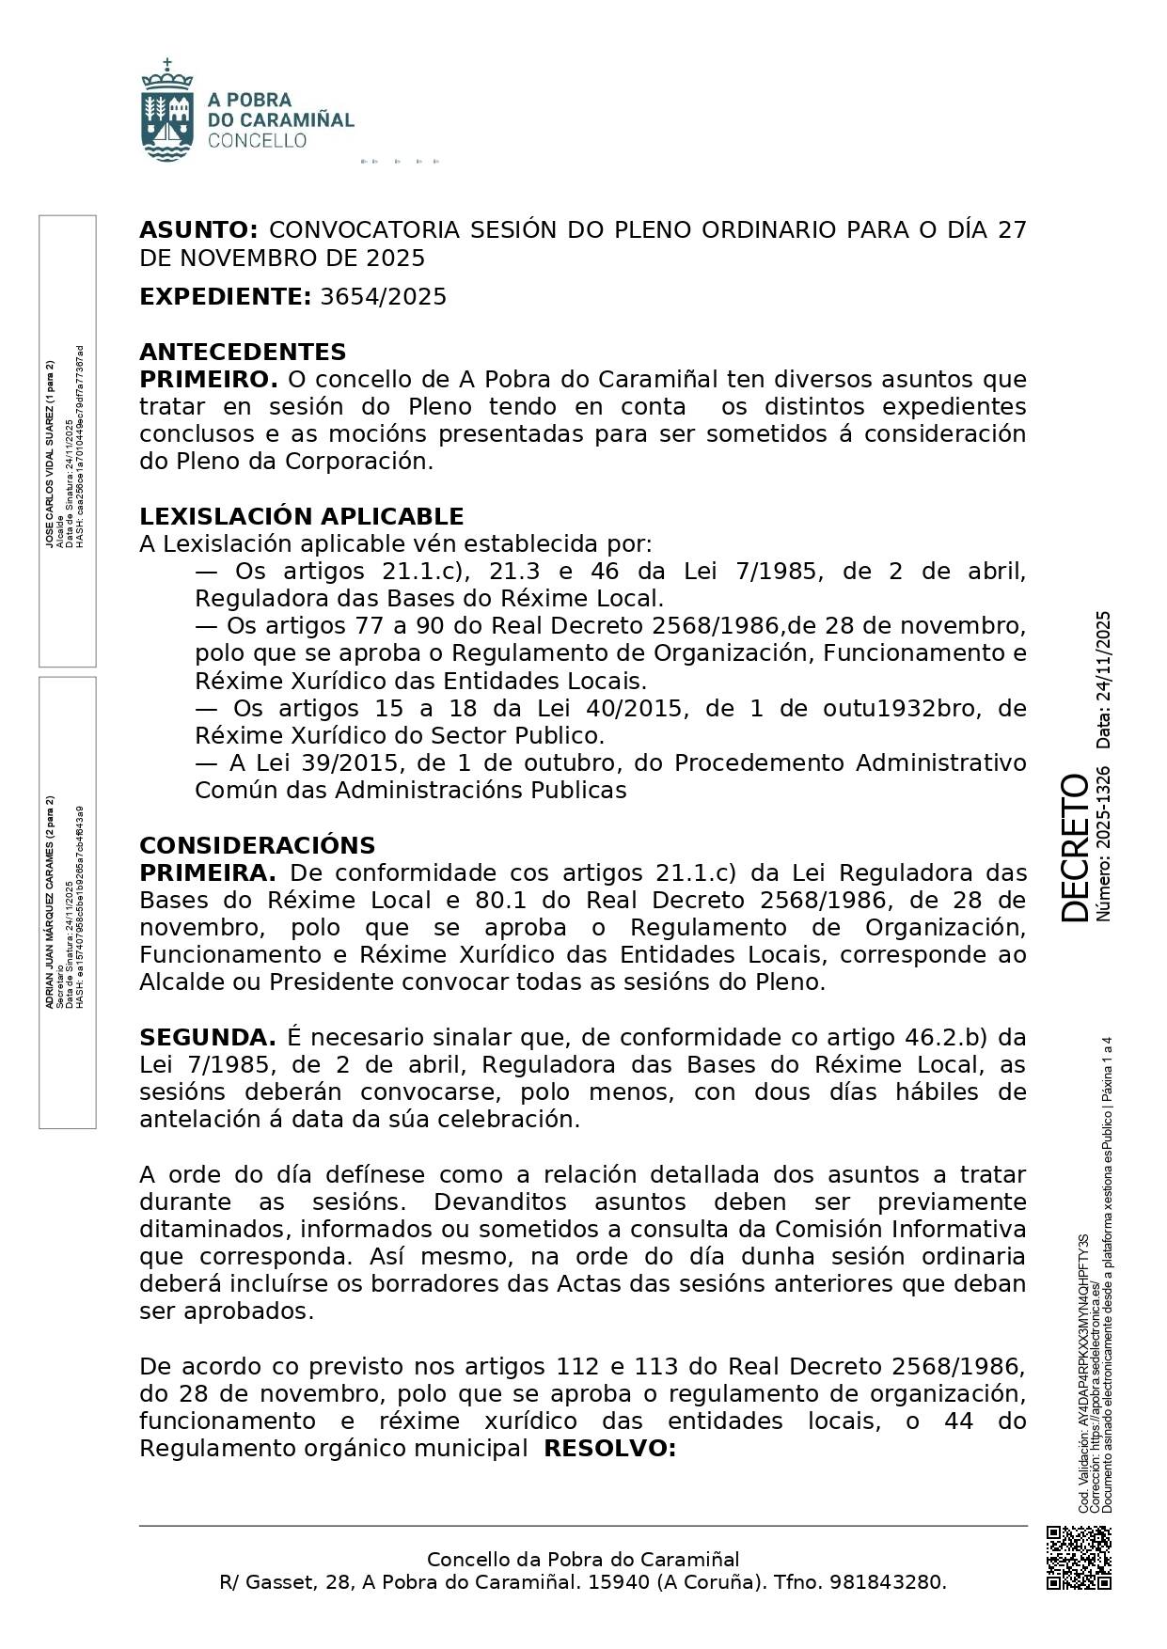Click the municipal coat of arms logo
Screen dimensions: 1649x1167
(x=166, y=110)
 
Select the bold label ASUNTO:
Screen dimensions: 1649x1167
(x=198, y=230)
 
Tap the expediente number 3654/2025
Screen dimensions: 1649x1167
(x=384, y=297)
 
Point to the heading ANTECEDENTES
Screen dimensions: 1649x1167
(x=243, y=353)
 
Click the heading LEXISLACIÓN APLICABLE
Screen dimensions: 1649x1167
(x=301, y=517)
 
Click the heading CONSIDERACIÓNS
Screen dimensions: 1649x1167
(x=257, y=845)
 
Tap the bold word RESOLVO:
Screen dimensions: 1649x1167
(x=610, y=1449)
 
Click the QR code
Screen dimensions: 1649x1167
(x=1079, y=1558)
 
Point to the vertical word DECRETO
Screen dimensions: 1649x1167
(x=1073, y=847)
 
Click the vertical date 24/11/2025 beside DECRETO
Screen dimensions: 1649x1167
(x=1103, y=680)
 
